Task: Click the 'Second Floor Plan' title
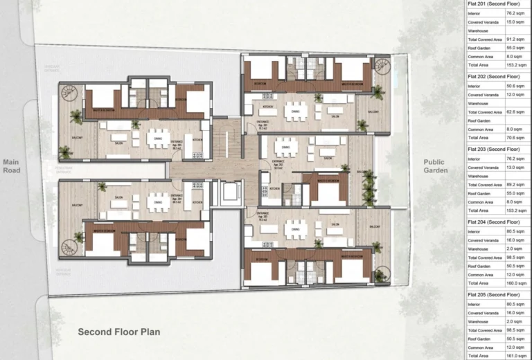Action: (118, 332)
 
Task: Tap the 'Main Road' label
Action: (11, 166)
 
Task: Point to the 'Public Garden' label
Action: (436, 166)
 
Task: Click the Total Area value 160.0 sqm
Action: (508, 282)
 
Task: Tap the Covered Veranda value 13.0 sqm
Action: (508, 168)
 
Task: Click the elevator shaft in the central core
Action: (227, 193)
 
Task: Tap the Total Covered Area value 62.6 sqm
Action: (508, 111)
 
